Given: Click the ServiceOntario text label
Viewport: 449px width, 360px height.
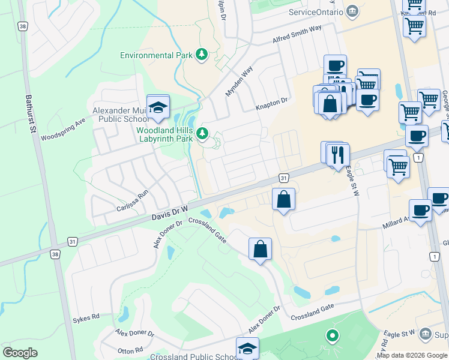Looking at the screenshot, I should [x=315, y=12].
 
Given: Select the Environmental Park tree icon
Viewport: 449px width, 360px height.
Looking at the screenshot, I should [x=202, y=55].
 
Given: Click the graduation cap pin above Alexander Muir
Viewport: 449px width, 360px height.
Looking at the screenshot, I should [x=158, y=107].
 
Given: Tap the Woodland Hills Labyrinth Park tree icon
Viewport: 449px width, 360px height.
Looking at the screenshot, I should [x=202, y=133].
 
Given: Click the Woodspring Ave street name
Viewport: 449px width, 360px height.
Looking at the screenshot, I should [x=64, y=128].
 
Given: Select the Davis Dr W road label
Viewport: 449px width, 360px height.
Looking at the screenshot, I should [x=170, y=214].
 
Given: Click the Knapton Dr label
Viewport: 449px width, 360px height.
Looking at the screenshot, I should [x=272, y=104].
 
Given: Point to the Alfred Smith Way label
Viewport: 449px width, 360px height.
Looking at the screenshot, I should [x=297, y=33].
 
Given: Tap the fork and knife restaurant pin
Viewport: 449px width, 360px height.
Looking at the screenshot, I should [x=339, y=155].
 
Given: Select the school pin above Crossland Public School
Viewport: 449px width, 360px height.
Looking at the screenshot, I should [x=247, y=349].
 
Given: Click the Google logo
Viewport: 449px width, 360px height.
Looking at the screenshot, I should [x=20, y=353].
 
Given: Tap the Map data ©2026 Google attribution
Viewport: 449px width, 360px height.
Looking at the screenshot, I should [x=411, y=355].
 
